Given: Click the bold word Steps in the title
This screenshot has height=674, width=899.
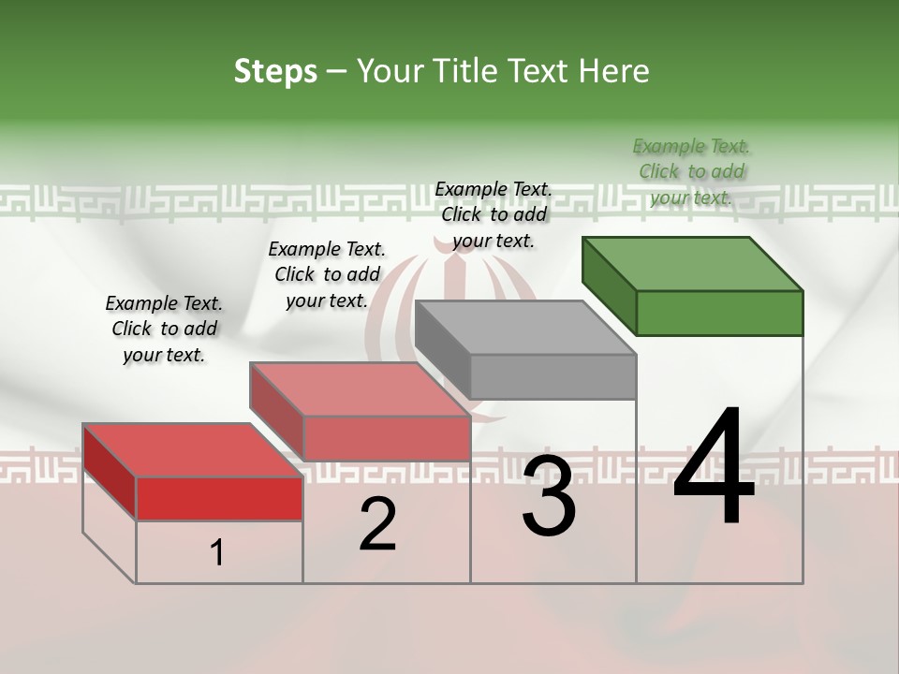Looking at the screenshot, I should click(275, 71).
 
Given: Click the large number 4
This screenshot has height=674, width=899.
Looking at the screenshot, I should click(714, 469).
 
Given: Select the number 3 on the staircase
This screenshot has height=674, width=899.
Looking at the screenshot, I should click(549, 496).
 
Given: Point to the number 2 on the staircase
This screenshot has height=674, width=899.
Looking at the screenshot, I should click(377, 524).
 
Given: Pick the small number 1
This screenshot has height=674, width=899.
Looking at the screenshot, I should click(216, 553).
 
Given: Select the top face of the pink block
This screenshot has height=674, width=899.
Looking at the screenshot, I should click(360, 389).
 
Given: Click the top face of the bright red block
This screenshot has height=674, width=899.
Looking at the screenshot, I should click(193, 450).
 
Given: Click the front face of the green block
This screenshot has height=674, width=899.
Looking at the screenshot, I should click(719, 313).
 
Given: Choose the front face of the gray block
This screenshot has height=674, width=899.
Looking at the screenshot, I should click(553, 376).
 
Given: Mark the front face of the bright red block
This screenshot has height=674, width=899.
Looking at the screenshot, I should click(219, 498).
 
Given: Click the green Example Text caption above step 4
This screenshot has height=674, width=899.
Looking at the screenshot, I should click(691, 171).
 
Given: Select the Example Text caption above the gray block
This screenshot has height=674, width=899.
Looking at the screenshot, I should click(494, 214).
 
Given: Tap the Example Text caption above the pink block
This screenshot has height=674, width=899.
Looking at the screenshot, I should click(327, 274).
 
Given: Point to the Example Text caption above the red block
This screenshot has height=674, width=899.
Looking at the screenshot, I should click(164, 329).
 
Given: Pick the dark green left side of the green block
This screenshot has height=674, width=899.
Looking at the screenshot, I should click(609, 285).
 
